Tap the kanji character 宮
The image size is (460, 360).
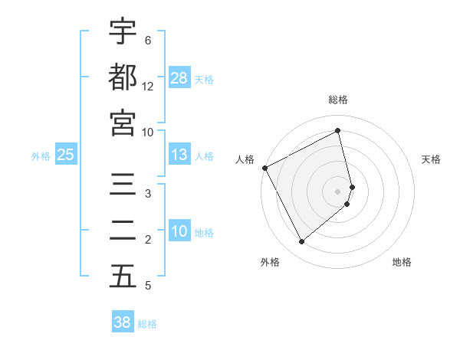click(123, 122)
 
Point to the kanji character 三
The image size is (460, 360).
click(123, 185)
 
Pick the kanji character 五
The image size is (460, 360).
click(123, 277)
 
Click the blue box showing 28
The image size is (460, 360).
click(179, 78)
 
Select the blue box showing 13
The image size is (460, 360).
click(179, 155)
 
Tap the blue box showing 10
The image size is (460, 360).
click(179, 232)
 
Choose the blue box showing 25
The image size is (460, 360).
click(66, 155)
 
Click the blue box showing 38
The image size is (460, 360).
click(123, 322)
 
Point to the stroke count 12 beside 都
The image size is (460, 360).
click(148, 87)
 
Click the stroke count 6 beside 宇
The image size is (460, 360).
click(147, 41)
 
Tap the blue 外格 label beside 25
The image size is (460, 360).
click(41, 156)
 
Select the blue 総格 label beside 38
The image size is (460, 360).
click(147, 323)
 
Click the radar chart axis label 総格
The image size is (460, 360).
click(338, 100)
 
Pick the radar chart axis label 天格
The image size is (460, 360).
click(432, 159)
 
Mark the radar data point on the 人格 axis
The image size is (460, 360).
click(264, 168)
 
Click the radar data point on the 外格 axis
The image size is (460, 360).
click(301, 242)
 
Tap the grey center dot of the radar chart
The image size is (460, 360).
click(338, 191)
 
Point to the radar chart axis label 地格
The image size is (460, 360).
click(402, 262)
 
